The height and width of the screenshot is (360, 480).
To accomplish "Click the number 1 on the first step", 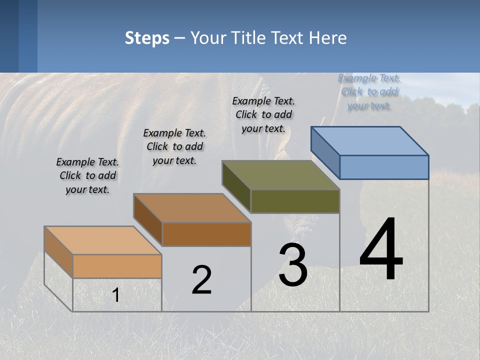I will [x=116, y=295].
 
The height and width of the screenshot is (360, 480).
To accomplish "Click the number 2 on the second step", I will [x=201, y=280].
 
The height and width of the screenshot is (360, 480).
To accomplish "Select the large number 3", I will [x=293, y=265].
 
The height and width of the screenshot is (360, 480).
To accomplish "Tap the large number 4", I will [x=381, y=249].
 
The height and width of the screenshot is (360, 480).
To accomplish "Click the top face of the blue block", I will [x=370, y=140].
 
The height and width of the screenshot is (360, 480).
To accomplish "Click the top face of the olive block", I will [x=281, y=175].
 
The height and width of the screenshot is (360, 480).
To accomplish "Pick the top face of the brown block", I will [x=192, y=208].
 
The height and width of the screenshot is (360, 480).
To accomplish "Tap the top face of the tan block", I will [x=103, y=240].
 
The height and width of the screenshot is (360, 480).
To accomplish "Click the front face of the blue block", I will [x=384, y=167].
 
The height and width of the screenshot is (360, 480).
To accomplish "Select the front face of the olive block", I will [x=295, y=201].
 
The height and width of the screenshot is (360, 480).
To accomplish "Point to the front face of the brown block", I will [x=206, y=234].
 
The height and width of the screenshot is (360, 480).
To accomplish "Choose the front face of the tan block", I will [x=117, y=266].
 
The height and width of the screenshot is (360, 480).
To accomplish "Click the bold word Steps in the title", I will [x=147, y=38].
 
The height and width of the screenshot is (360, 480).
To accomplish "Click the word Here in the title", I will [x=328, y=38].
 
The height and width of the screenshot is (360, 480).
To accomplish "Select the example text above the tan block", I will [x=87, y=176].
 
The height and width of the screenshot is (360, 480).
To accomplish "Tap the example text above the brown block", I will [x=174, y=146].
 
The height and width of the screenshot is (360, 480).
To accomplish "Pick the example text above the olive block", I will [x=263, y=114].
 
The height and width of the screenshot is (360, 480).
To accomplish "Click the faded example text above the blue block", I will [x=369, y=92].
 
